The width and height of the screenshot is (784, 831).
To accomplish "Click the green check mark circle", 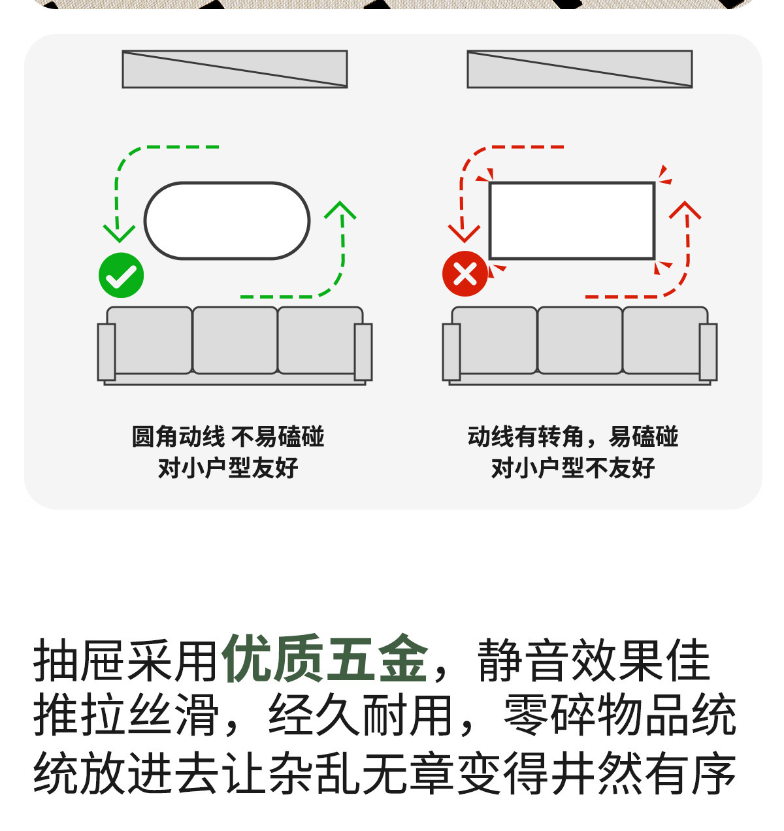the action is pos(121,275).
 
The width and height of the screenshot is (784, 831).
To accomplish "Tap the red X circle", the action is pos(465,274).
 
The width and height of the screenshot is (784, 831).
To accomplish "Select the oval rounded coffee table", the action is pos(227,221).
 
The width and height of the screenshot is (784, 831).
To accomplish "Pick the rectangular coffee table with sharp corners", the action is pos(572,221).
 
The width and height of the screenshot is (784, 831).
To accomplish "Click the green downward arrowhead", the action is pos(119,233).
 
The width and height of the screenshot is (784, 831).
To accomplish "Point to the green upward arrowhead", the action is pos(340,210).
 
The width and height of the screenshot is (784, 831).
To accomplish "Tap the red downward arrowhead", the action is pos(464,233).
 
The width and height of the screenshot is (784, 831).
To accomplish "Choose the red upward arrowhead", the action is pos(685,210).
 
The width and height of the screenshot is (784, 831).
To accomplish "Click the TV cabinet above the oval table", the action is pos(235,69).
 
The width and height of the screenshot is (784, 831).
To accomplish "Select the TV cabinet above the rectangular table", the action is pos(580,69).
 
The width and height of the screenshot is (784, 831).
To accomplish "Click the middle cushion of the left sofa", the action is pos(235,340).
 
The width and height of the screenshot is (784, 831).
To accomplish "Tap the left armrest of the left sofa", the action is pos(106,351).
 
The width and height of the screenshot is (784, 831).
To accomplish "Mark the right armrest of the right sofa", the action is pos(708,351).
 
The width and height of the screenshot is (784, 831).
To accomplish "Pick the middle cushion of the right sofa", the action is pos(580,340).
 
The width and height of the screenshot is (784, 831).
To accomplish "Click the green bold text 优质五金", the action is pos(325,659).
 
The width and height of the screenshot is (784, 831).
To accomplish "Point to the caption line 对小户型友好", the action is pos(228,468).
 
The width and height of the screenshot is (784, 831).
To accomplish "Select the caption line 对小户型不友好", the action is pos(573,468).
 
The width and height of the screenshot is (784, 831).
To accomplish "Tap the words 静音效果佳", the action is pos(593,660).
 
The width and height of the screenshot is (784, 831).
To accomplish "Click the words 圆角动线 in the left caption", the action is pos(178,436).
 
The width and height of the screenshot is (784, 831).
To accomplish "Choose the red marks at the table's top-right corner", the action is pos(664,175).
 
